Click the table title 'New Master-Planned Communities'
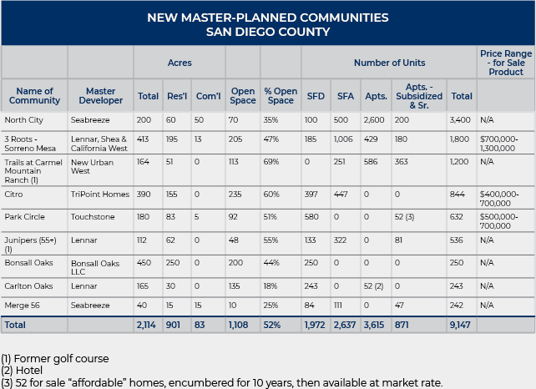pos(267,17)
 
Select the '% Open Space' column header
pos(280,96)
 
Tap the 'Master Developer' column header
pos(99,96)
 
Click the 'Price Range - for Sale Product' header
pos(505,63)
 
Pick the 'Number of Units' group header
pos(389,63)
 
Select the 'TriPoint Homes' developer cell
pos(99,193)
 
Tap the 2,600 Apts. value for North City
pos(375,120)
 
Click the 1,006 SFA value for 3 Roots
pos(345,139)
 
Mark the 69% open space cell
pos(272,163)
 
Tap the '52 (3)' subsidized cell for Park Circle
pos(406,217)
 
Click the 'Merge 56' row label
pos(19,306)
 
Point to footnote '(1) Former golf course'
pos(55,359)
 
